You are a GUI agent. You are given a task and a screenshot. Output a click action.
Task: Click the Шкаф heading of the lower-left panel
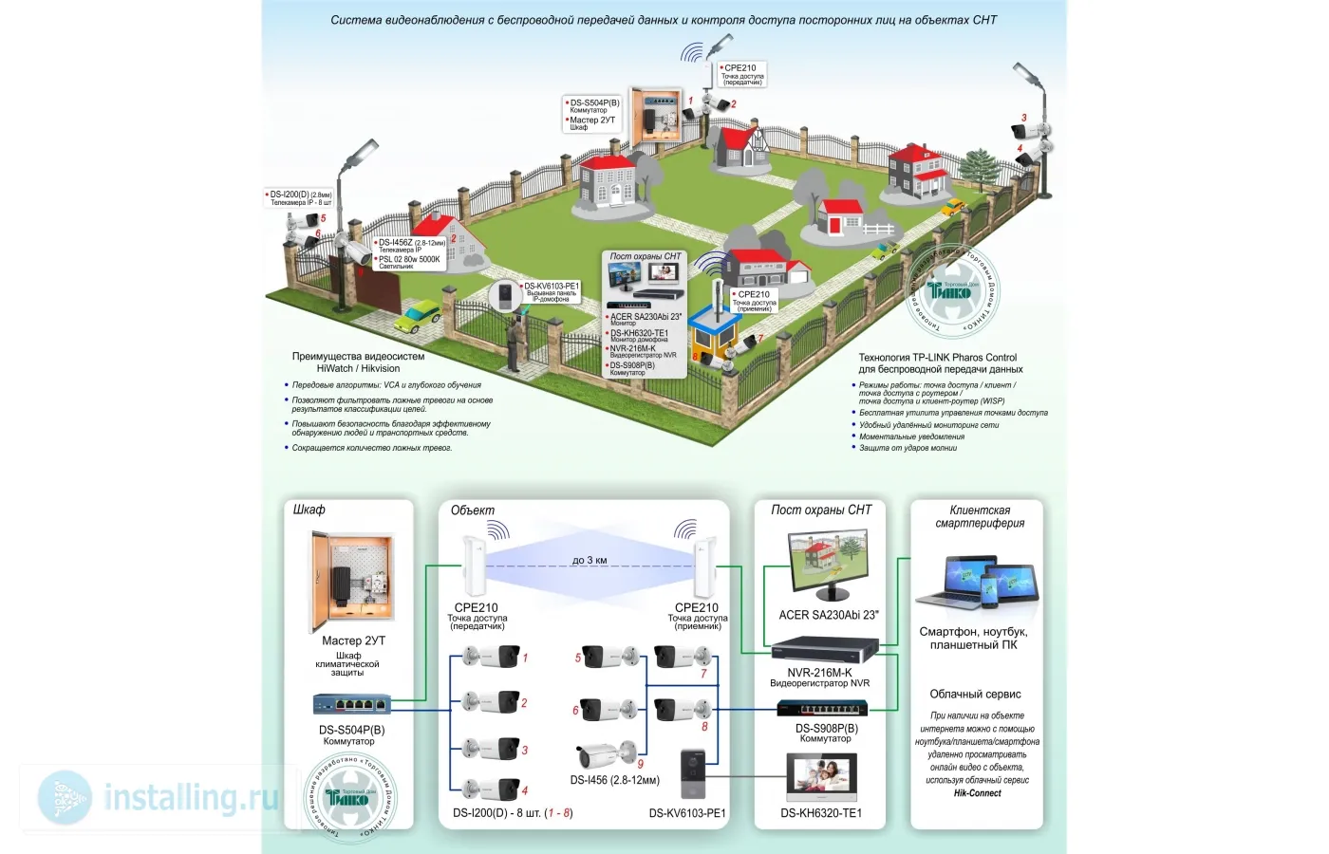[x=309, y=510]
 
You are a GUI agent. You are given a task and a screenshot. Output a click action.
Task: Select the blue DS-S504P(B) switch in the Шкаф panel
[x=352, y=704]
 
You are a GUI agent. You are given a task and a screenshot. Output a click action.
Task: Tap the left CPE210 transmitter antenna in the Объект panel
[x=474, y=567]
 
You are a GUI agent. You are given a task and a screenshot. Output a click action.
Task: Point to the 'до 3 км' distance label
[x=590, y=560]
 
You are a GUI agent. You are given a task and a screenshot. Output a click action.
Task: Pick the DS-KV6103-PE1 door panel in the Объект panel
[x=694, y=775]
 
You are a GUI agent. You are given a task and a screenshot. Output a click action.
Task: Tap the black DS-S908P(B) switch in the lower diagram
[x=823, y=708]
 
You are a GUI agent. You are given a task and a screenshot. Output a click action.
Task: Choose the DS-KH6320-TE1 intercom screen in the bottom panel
[x=822, y=778]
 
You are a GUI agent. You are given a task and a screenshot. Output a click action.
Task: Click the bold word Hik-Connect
[x=977, y=793]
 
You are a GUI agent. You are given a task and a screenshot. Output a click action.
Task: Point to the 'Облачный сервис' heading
[x=975, y=694]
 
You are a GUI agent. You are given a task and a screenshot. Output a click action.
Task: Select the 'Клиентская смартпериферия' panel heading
[x=980, y=516]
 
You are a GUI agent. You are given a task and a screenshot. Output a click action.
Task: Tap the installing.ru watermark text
[x=190, y=797]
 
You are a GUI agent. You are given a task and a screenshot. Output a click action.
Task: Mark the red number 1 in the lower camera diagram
[x=525, y=658]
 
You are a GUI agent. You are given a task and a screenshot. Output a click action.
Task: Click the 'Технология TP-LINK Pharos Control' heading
[x=937, y=358]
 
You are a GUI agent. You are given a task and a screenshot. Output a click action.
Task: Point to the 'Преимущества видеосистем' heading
[x=358, y=357]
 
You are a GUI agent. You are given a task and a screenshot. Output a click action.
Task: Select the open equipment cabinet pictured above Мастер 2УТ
[x=350, y=582]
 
